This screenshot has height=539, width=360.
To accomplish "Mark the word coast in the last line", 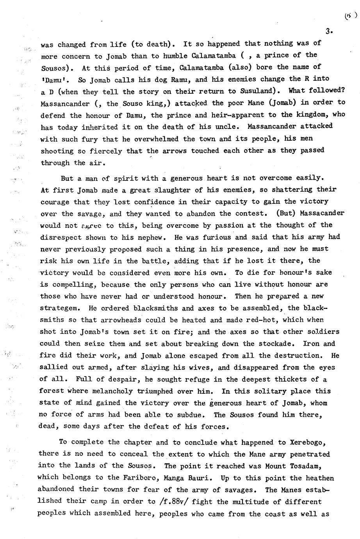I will pyautogui.click(x=274, y=514).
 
